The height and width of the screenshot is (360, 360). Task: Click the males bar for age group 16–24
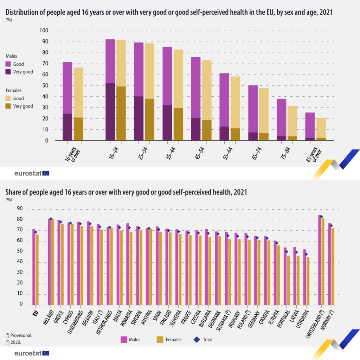110,90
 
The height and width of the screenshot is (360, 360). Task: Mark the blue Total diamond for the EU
36,232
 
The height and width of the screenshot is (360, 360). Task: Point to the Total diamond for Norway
331,226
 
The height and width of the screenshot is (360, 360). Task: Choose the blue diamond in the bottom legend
198,339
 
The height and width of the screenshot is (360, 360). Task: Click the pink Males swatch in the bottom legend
124,339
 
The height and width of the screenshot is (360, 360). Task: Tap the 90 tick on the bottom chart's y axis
20,209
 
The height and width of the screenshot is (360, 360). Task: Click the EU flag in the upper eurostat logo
46,173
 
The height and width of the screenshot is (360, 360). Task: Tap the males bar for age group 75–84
281,120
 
